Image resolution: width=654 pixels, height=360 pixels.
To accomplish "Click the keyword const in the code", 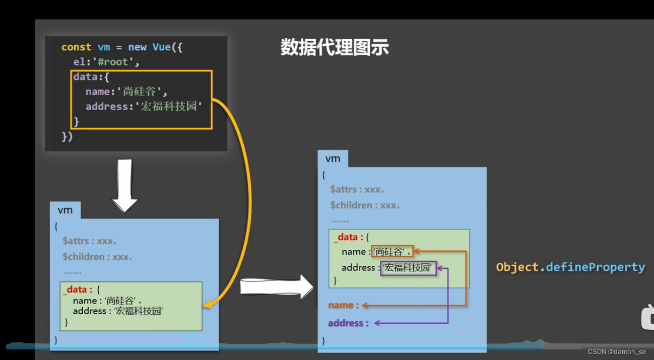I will point(76,47).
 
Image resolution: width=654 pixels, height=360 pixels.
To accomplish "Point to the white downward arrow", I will point(124,185).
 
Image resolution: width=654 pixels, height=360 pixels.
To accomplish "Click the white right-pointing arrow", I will point(277,286).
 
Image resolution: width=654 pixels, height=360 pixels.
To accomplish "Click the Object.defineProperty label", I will point(570,267).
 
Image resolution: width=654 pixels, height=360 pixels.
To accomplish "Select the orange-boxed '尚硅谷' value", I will point(392,252).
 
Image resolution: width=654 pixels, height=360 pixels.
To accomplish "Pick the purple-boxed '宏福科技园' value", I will point(408,268).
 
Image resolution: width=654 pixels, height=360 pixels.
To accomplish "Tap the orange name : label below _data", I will point(343,305).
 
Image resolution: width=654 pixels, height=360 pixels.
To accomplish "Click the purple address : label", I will point(348,323).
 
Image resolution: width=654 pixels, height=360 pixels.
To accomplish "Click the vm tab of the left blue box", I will point(65,210).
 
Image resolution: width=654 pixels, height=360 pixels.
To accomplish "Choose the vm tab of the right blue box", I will point(333,159).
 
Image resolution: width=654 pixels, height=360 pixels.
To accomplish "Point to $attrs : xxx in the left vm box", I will point(90,241).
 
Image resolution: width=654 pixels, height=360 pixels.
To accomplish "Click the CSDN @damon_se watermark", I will point(617,352).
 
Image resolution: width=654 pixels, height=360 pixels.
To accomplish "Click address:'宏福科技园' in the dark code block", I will point(144,107).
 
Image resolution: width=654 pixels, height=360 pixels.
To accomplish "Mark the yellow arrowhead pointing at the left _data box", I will point(207,305).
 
